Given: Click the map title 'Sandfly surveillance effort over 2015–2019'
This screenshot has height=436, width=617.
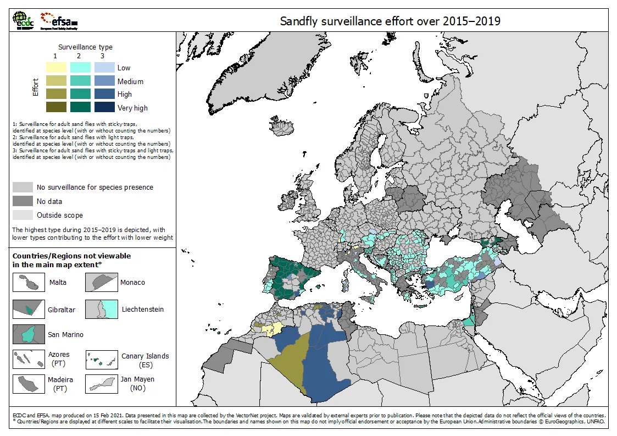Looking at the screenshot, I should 390,21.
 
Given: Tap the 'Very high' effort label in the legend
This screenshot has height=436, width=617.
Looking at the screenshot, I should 132,108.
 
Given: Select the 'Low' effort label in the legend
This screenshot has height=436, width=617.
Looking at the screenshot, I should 124,68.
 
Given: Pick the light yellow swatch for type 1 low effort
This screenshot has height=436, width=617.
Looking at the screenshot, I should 55,68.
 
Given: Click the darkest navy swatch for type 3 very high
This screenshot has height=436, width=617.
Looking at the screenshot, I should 104,108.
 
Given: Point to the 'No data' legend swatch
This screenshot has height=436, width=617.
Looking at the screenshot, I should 23,201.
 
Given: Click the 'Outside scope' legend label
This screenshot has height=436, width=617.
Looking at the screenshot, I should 60,215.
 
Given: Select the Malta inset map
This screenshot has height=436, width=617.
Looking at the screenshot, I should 29,283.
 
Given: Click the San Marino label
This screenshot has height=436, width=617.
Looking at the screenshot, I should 65,334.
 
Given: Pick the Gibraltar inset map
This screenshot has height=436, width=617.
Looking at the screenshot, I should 29,309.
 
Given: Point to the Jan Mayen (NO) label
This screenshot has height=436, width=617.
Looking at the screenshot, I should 137,383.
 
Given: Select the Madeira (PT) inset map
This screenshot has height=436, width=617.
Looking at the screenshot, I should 29,383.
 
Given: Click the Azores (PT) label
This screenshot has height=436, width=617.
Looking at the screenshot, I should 59,359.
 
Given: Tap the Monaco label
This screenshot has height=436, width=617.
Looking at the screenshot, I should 132,282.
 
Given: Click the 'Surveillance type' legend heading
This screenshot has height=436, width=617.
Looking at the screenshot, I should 85,47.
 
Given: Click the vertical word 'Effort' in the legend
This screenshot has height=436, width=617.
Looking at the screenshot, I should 36,87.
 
